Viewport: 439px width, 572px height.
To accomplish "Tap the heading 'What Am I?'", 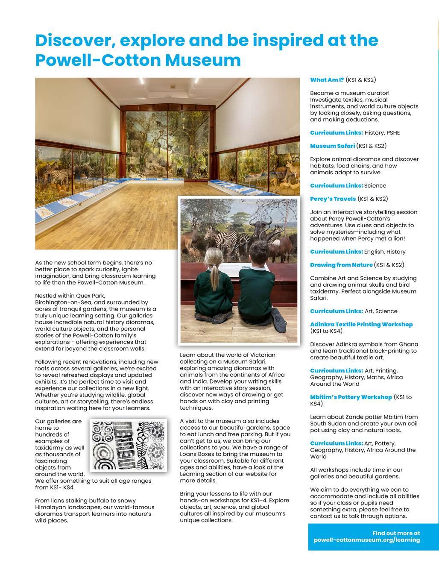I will [x=327, y=80].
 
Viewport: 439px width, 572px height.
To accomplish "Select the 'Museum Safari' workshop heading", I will [x=332, y=146].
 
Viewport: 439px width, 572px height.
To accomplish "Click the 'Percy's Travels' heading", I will [x=333, y=199].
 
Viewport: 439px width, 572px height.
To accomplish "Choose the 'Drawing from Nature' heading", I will [x=341, y=265].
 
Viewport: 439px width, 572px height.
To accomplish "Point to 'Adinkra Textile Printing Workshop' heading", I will [x=361, y=325].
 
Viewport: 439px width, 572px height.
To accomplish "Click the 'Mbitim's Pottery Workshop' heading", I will [x=351, y=397].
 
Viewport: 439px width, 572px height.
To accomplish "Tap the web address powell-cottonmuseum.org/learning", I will [x=366, y=540].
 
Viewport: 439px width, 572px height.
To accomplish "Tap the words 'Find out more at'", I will [x=396, y=533].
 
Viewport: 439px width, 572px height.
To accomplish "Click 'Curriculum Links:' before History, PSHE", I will [x=336, y=133].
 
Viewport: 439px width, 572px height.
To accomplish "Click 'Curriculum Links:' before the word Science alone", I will [x=336, y=186].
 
